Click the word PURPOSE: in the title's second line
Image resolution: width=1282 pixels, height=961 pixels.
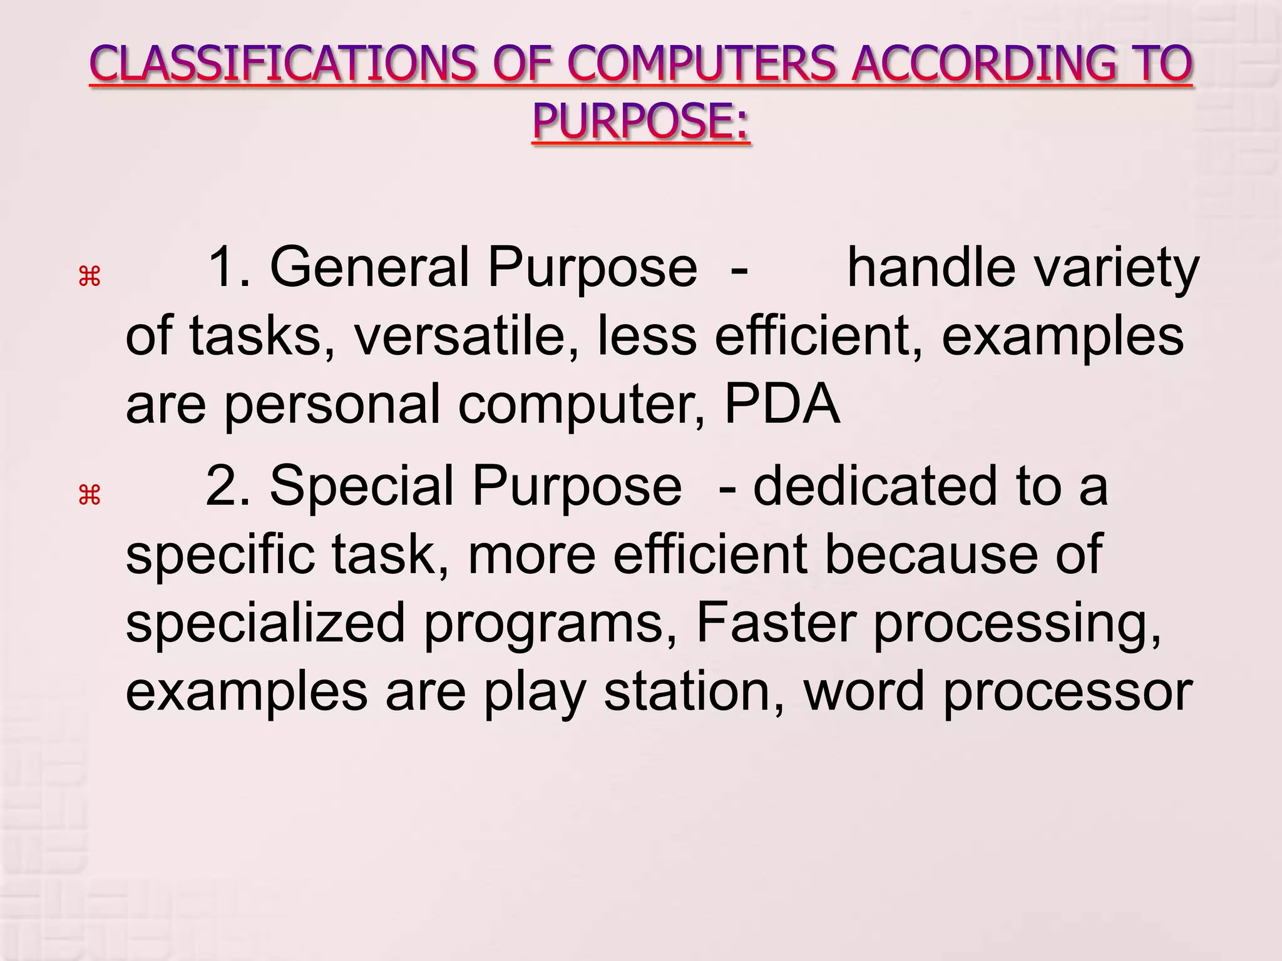point(640,121)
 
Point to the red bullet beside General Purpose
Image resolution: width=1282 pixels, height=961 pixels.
point(90,276)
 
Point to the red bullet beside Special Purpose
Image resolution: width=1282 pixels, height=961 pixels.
point(90,496)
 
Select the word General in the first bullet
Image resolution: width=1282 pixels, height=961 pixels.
point(369,268)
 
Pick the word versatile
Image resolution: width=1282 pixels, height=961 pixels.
point(466,336)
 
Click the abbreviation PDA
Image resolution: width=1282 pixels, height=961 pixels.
point(782,404)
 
